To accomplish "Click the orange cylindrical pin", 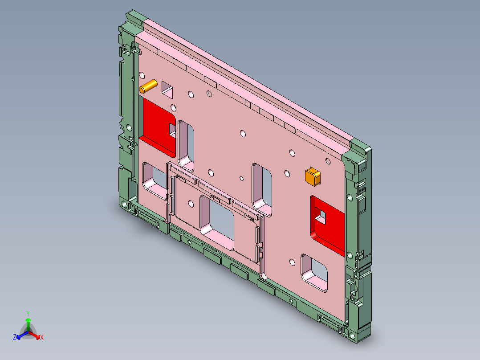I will click(x=148, y=86).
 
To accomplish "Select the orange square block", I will click(x=312, y=176).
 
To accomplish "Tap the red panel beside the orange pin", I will click(x=156, y=123).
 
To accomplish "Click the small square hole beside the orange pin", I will click(x=168, y=89).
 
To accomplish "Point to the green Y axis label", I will click(x=28, y=313).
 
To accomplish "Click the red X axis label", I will click(x=42, y=338).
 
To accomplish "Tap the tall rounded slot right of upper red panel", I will click(x=187, y=143).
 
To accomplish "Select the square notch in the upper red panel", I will click(x=172, y=129).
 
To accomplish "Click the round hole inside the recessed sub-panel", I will click(x=191, y=204).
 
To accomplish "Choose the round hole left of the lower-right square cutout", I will click(x=292, y=262).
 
